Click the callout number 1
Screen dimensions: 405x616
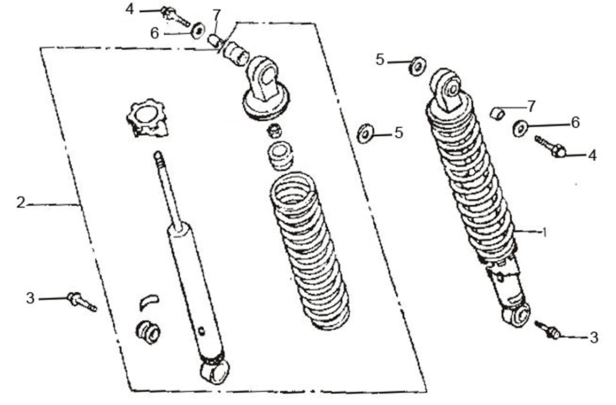tap(544, 232)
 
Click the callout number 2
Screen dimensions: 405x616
tap(20, 203)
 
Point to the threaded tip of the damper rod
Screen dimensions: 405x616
tap(158, 156)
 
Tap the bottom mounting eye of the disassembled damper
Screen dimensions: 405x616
tap(215, 370)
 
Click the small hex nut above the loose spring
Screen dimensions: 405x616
tap(274, 129)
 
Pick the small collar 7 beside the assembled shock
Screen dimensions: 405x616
tap(497, 113)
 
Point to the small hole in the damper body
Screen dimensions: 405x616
tap(202, 331)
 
